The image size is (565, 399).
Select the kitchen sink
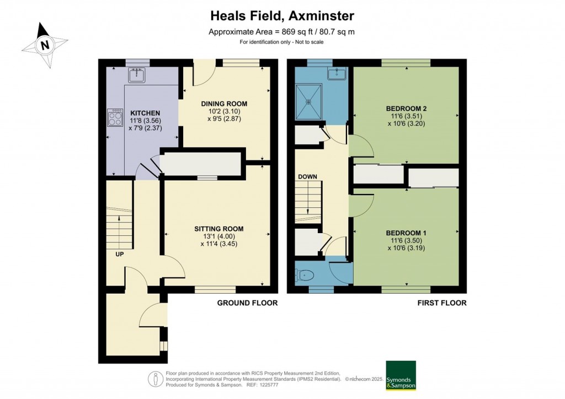pos(136,74)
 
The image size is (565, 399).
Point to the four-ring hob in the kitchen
pos(116,118)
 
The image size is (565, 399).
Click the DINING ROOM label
pos(224,104)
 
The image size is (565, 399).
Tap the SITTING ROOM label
pos(218,229)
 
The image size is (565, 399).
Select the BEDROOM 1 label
pos(406,233)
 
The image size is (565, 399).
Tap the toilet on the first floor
pos(304,273)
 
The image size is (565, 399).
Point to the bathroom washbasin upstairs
pos(336,73)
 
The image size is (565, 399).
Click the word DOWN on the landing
pos(308,177)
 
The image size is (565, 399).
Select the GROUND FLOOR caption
pos(247,303)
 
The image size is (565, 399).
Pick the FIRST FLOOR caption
pos(442,303)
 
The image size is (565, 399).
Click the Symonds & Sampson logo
pos(401,376)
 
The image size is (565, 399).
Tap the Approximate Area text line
pos(281,31)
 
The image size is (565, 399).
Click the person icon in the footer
pos(156,379)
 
